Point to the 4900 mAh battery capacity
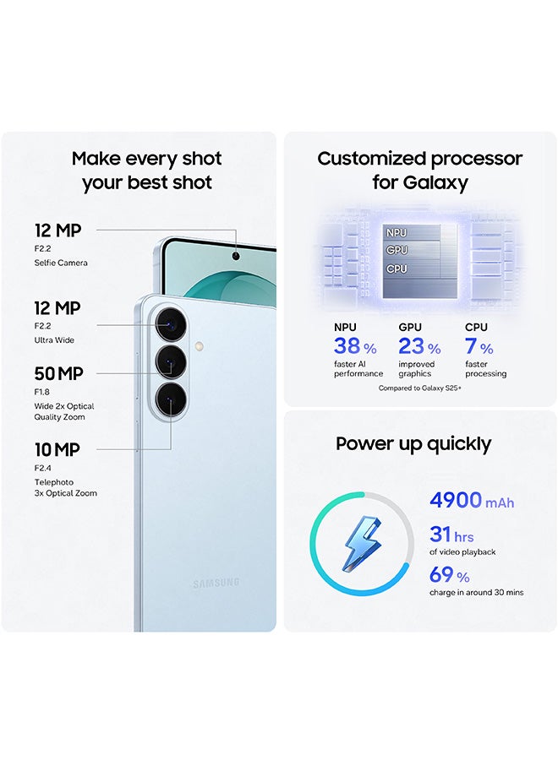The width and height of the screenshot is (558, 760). pos(471,501)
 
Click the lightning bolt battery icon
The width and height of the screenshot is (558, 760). pos(362,541)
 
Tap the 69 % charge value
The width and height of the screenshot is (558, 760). pos(449,576)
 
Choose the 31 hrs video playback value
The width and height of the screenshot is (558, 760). pos(451,535)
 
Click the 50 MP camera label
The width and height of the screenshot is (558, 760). pos(58,373)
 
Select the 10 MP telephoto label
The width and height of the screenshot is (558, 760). pos(57,450)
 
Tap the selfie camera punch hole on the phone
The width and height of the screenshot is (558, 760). pos(234,256)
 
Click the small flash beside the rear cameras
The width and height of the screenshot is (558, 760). pos(198,345)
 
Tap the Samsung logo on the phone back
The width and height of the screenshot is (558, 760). pos(216,583)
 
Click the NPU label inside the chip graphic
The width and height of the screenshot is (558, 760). pos(397,232)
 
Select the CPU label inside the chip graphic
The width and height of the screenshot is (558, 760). pos(397,269)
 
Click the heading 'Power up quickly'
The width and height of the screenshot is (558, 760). pos(413,444)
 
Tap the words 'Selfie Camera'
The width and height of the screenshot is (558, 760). pos(61,263)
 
